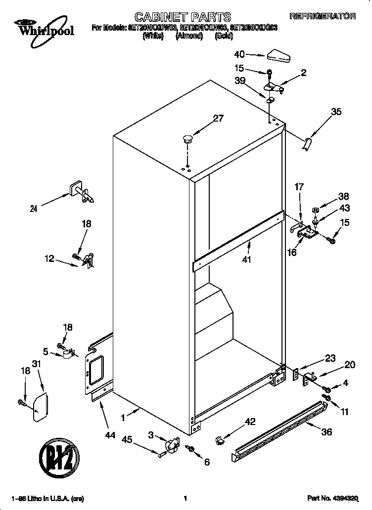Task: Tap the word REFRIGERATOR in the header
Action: point(322,16)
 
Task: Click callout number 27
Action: point(218,118)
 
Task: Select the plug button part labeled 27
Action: point(187,138)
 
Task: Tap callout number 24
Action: point(34,208)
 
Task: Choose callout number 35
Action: point(336,112)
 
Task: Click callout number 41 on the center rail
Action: point(246,259)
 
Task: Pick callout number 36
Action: point(326,431)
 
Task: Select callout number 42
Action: point(250,422)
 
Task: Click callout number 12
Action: point(49,258)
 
